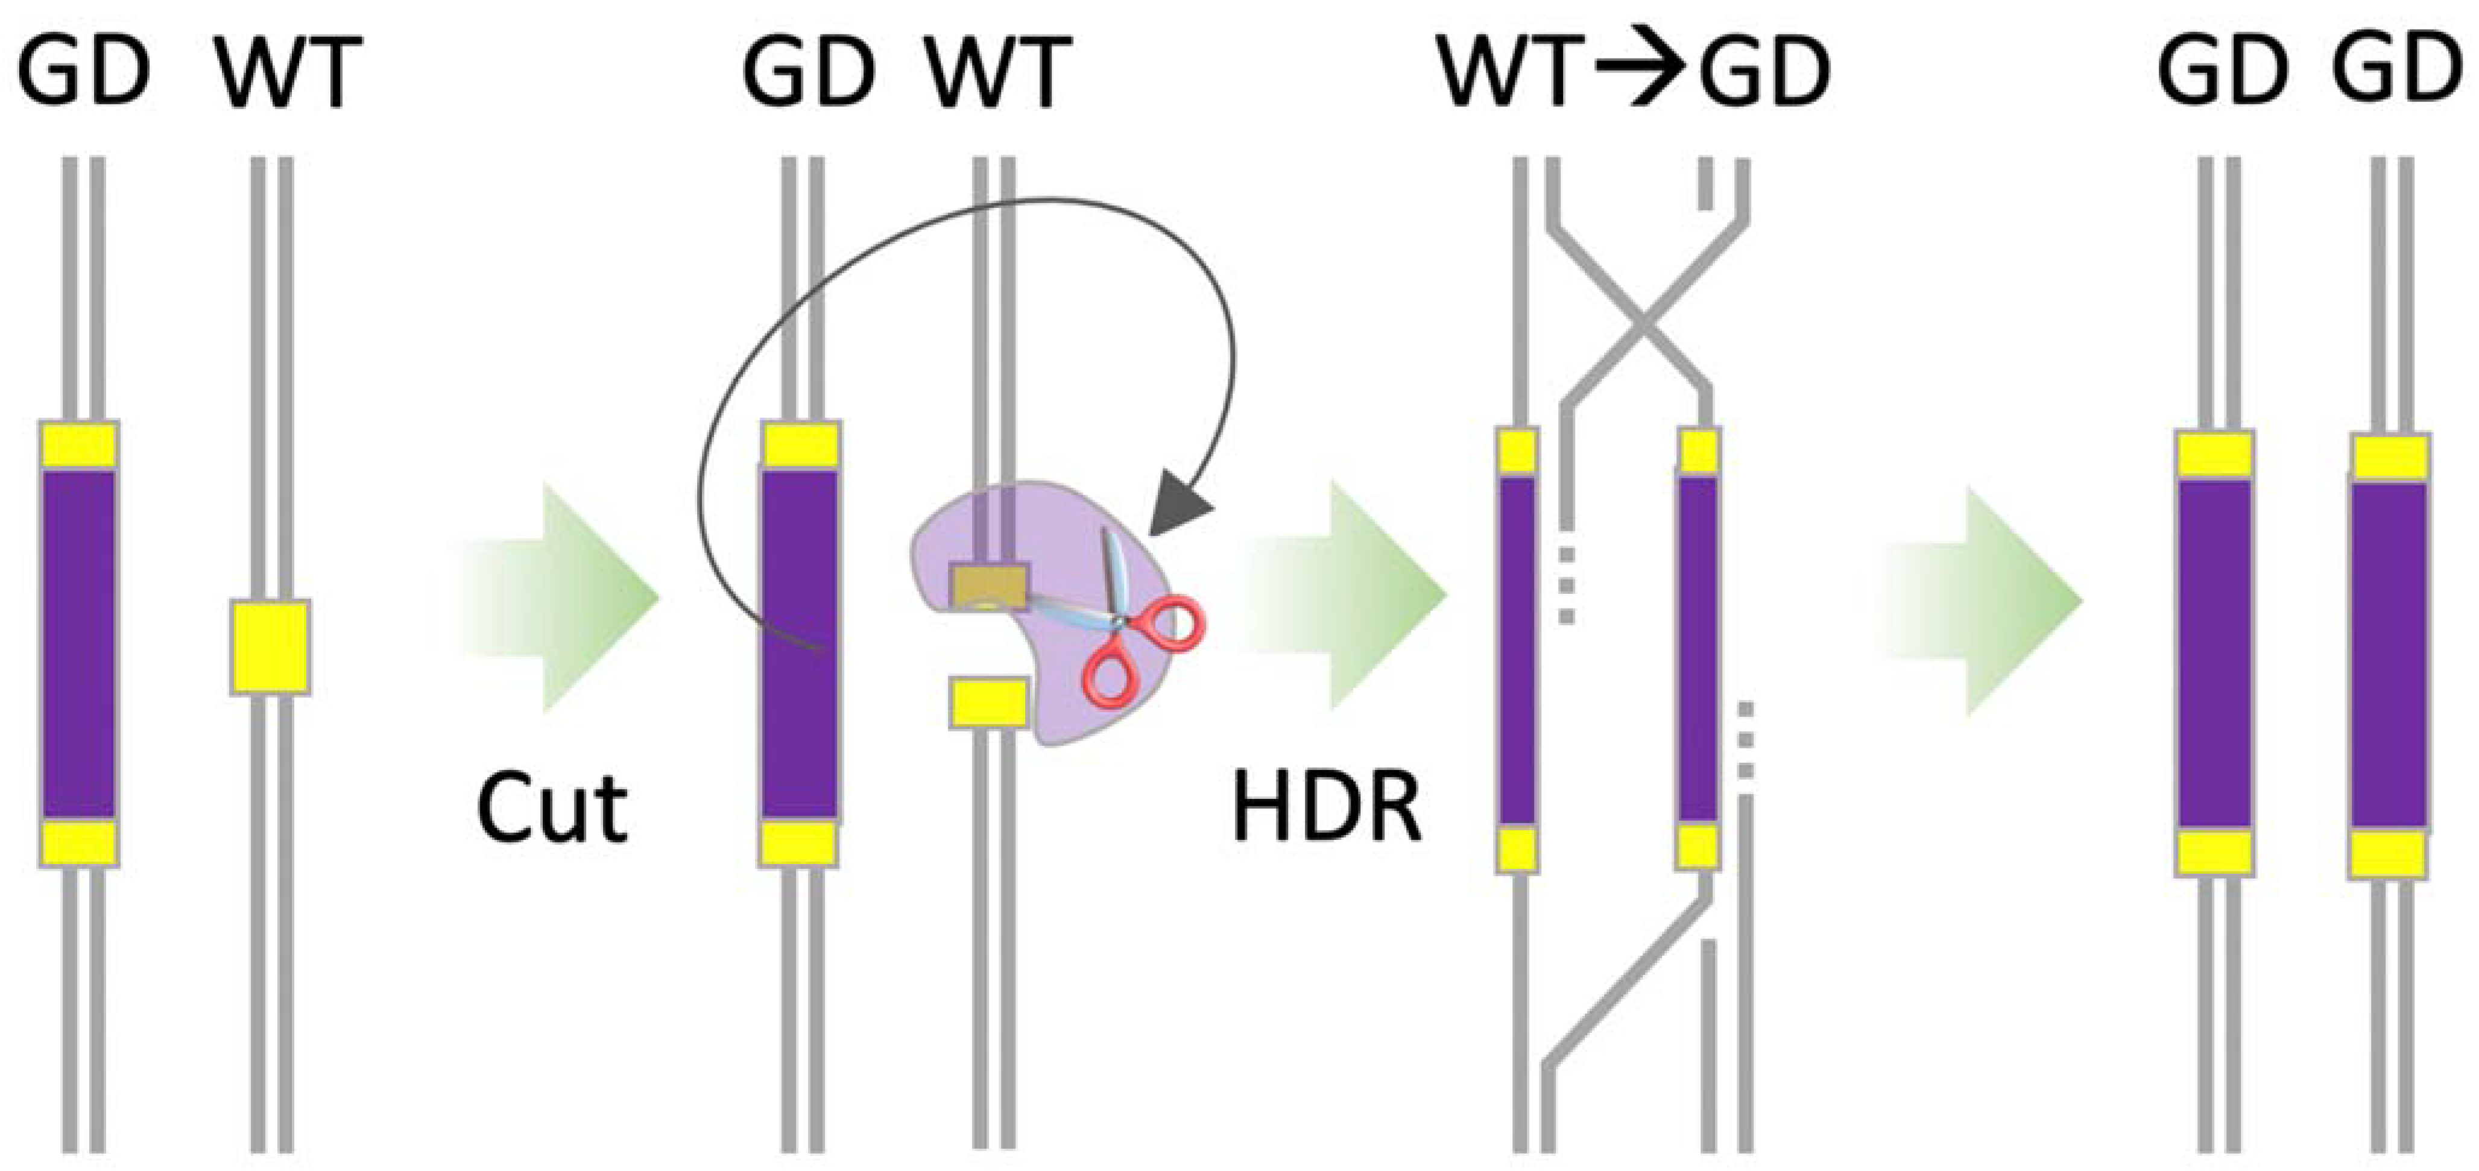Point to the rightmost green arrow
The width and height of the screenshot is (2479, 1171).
pyautogui.click(x=1992, y=601)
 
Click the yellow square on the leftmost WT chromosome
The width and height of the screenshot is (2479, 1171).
pyautogui.click(x=270, y=646)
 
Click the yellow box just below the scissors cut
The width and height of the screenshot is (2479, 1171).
pyautogui.click(x=988, y=702)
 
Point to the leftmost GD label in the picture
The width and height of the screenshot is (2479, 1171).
pyautogui.click(x=84, y=72)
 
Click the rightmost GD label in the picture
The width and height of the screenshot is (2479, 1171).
pyautogui.click(x=2396, y=69)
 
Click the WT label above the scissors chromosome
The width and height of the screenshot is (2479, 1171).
pyautogui.click(x=998, y=72)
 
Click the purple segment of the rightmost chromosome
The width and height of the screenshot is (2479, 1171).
pyautogui.click(x=2389, y=654)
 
